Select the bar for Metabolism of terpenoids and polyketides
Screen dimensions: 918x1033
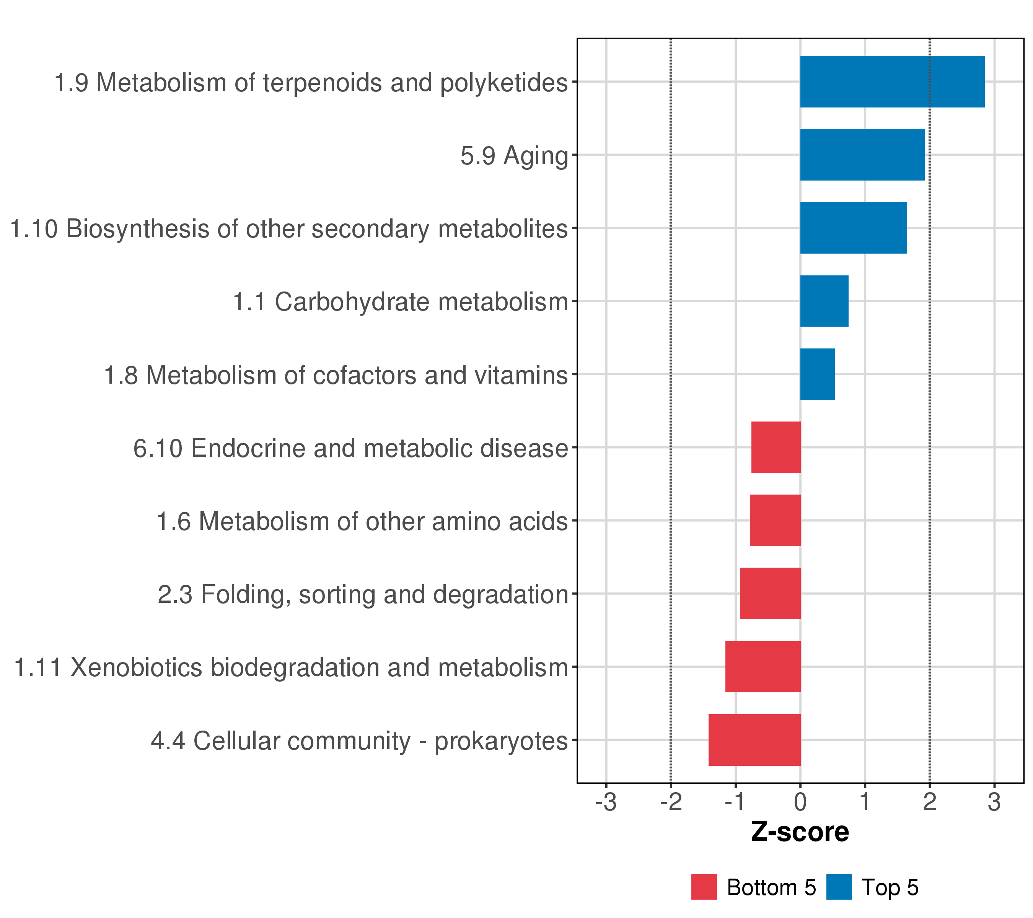click(x=892, y=82)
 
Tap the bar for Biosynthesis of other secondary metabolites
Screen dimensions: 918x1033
click(x=853, y=228)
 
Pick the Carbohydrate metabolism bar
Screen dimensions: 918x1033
click(x=824, y=301)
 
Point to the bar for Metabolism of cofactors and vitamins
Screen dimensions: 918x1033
click(x=817, y=374)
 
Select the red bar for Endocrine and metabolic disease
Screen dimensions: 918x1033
click(x=776, y=447)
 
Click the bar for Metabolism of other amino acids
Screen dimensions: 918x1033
click(x=775, y=520)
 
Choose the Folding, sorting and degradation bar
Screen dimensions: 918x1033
click(x=770, y=593)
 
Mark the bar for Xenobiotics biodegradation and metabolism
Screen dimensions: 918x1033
click(x=763, y=666)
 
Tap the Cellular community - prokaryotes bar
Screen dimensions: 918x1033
click(x=754, y=740)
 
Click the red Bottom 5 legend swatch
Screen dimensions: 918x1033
click(x=704, y=887)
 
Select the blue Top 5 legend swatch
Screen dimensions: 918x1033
click(x=839, y=887)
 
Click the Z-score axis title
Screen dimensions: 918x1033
click(x=800, y=832)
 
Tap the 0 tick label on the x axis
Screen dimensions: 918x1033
click(x=800, y=802)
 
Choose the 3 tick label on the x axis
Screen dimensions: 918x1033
click(x=994, y=802)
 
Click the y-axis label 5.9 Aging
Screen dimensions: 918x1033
click(x=514, y=156)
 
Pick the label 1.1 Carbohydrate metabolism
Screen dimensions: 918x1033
click(x=400, y=302)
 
